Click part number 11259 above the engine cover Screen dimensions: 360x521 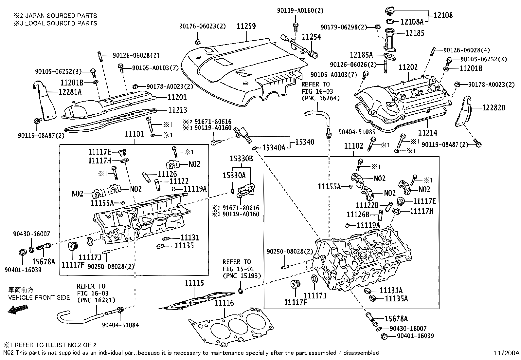[246, 26]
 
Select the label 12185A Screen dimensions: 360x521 [361, 55]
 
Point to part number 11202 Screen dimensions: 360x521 [408, 67]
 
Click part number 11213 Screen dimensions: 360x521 [177, 110]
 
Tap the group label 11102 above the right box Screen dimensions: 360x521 [353, 146]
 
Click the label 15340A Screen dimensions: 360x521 [274, 148]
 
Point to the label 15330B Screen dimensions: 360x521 [241, 159]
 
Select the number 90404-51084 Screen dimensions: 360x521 [120, 325]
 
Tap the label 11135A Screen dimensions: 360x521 [396, 299]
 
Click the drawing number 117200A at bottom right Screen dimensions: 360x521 [507, 353]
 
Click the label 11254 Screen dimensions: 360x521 [311, 37]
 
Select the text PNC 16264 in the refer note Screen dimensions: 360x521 [320, 98]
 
